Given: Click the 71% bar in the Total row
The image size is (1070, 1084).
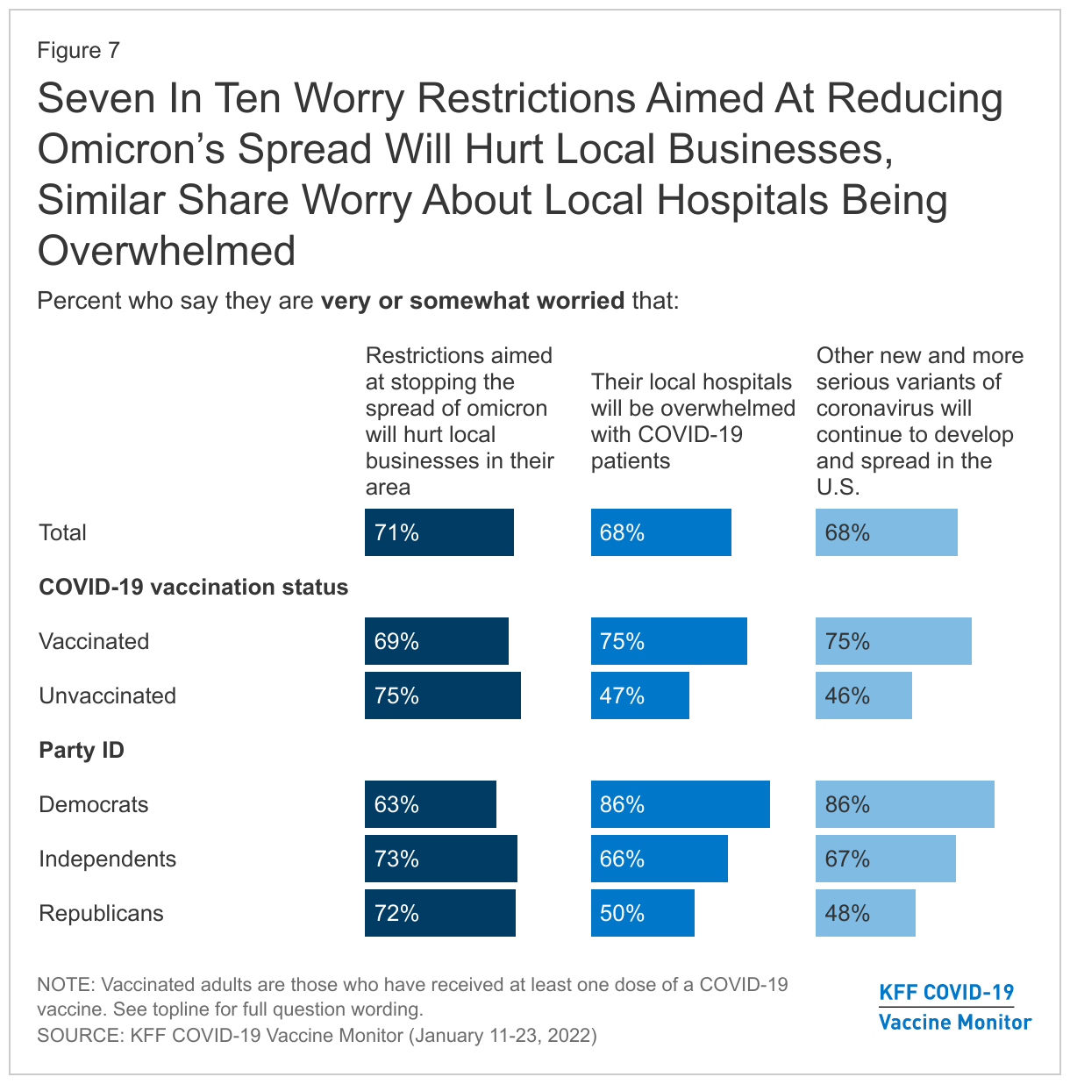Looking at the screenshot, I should click(439, 532).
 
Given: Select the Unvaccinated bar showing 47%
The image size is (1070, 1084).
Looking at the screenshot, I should click(639, 695).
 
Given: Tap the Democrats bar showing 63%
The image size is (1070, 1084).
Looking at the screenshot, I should click(430, 804).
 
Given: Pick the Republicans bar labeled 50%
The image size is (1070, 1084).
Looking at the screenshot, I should click(642, 913).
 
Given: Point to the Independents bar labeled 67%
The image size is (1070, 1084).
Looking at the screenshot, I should click(885, 859).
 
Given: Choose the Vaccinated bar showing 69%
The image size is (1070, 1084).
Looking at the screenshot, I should click(436, 641).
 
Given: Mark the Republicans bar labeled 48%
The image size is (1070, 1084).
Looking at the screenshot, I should click(865, 913).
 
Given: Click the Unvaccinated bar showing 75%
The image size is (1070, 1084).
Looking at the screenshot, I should click(442, 695).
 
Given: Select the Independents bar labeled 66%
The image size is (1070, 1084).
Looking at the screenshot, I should click(659, 859).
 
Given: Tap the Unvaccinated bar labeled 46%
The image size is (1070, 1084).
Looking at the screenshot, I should click(863, 695).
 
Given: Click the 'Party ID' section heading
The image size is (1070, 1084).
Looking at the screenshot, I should click(82, 751).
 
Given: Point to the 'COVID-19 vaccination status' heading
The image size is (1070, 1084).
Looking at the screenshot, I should click(193, 587).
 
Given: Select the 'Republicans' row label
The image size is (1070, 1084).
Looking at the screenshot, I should click(101, 913).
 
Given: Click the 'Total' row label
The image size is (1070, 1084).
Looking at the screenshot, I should click(62, 532).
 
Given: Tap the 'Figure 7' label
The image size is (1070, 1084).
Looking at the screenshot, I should click(78, 50).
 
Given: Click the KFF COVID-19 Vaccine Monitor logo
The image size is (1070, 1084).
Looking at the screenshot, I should click(955, 1007).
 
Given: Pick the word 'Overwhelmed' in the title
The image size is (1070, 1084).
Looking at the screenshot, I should click(167, 251).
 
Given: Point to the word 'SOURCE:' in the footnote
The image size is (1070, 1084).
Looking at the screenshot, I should click(80, 1036).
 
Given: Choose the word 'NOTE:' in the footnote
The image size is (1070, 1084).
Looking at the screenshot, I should click(67, 985).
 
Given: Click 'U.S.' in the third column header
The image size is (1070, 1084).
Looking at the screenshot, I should click(838, 487).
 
